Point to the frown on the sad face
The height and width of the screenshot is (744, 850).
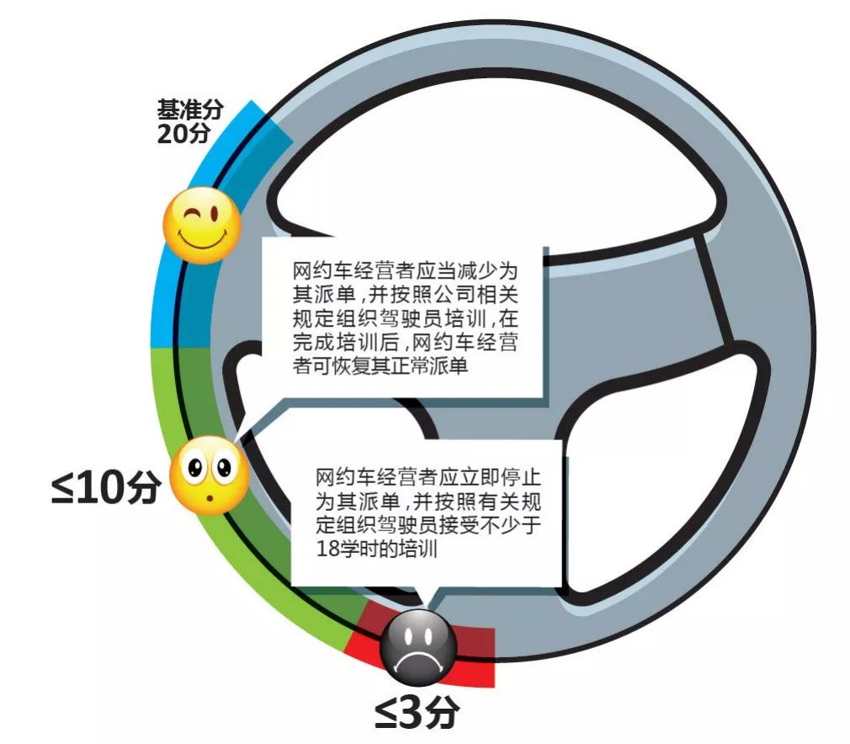(417, 662)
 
